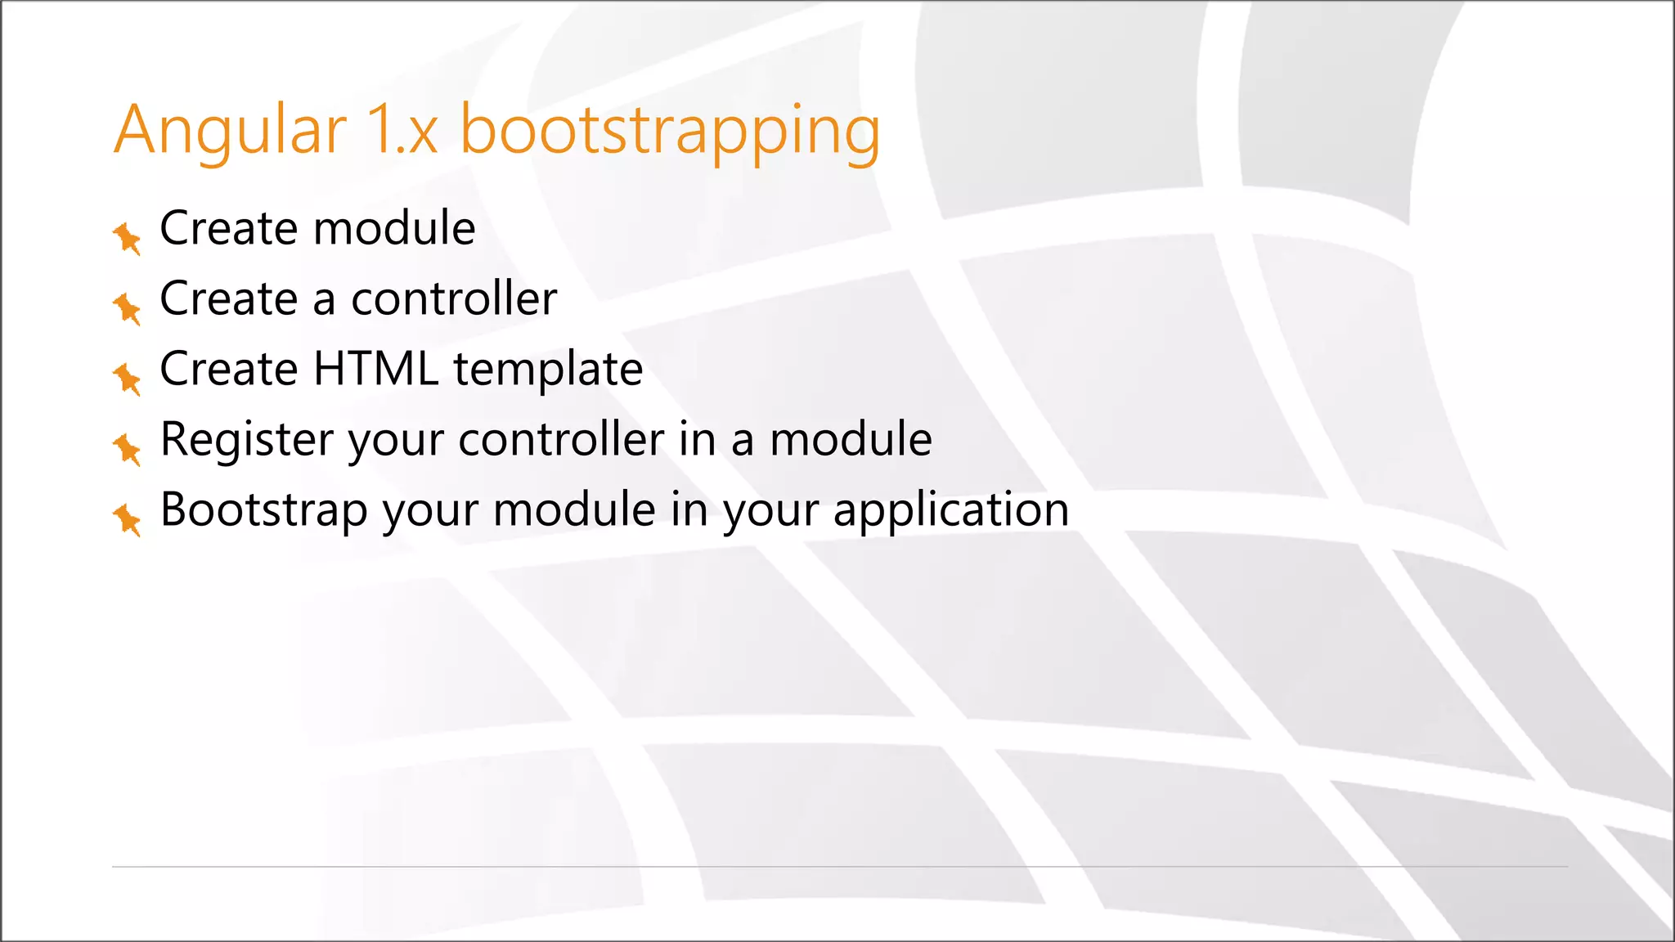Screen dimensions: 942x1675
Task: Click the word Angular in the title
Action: [x=230, y=131]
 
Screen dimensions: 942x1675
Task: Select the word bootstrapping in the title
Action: [x=670, y=131]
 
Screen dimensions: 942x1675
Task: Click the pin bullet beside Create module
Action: [x=127, y=238]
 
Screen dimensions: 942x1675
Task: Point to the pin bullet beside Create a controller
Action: [x=127, y=308]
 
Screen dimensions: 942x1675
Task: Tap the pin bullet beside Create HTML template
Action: [x=127, y=379]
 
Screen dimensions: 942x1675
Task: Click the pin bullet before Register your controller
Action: [x=127, y=449]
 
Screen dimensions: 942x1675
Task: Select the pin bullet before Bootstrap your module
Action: [x=127, y=519]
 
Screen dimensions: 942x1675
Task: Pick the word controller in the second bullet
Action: [x=454, y=298]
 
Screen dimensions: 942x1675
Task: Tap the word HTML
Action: [x=375, y=369]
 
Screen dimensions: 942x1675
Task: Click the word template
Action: [x=548, y=370]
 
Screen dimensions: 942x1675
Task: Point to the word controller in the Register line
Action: [x=561, y=439]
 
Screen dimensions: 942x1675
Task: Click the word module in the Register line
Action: [x=851, y=439]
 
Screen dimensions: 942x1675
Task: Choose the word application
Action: [x=950, y=511]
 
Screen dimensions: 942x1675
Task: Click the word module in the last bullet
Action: [x=574, y=509]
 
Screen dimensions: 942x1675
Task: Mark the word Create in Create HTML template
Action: [x=228, y=369]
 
